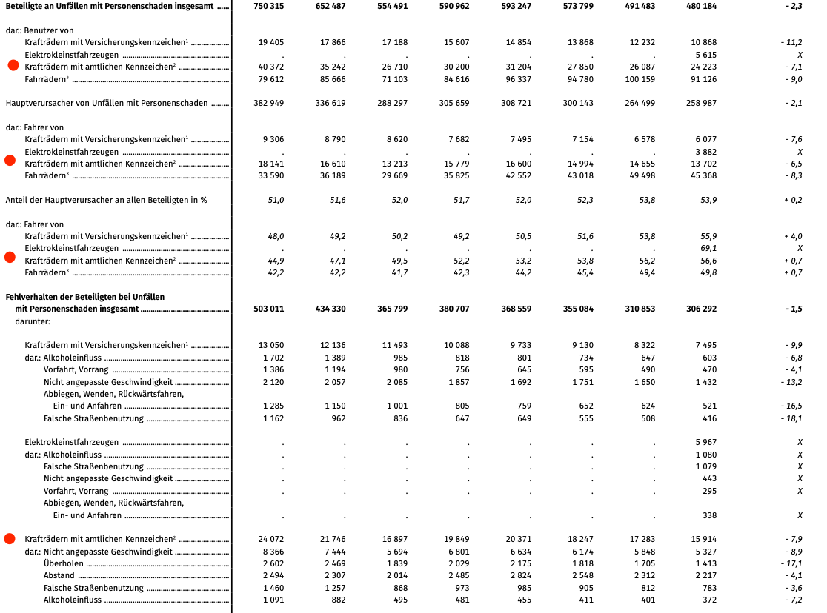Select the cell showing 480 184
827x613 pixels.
(701, 6)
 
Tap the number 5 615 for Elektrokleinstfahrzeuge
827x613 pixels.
(705, 55)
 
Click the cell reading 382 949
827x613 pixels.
(268, 103)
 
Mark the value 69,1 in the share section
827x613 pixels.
(708, 248)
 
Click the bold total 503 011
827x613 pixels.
(268, 309)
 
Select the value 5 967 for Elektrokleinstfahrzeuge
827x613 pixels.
(705, 442)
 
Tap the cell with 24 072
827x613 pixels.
(270, 539)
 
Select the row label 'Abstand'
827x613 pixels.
(59, 575)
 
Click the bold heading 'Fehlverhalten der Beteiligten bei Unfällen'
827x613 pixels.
(85, 297)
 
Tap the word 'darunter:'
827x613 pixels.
(33, 321)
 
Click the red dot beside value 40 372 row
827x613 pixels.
(13, 66)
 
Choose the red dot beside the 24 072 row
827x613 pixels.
(10, 539)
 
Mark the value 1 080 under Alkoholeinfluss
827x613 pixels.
(705, 454)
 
